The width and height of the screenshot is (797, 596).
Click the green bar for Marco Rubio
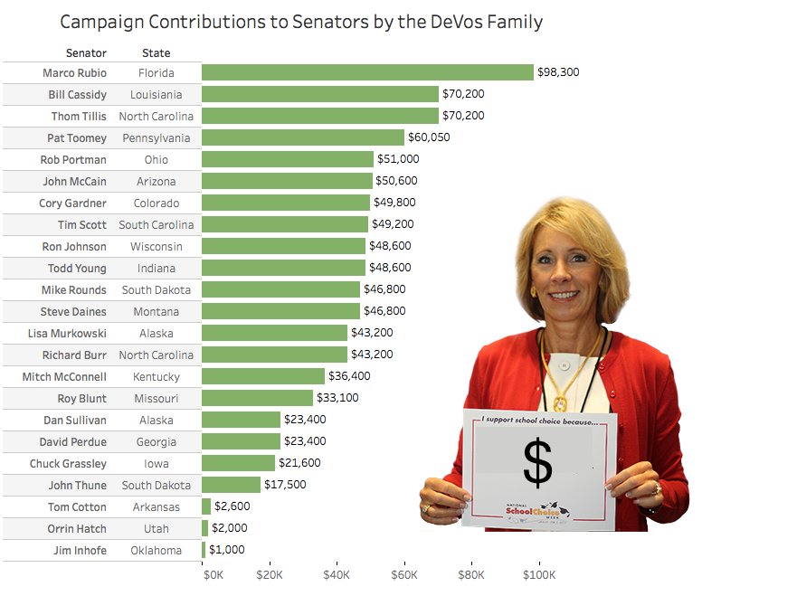tap(367, 72)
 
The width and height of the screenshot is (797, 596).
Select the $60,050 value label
tap(429, 137)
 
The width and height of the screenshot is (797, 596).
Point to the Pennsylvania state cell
tap(157, 137)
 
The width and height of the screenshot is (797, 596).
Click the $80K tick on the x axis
tap(471, 574)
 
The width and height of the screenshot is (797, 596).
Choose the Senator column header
tap(86, 53)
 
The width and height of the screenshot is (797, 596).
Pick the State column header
tap(157, 53)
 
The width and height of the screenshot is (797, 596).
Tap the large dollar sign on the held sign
tap(537, 462)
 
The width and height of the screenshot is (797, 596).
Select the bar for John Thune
tap(231, 485)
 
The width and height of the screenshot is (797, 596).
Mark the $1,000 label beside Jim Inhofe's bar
tap(226, 550)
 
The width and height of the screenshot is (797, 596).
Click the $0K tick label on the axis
tap(213, 574)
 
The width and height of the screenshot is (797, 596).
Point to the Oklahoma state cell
tap(157, 550)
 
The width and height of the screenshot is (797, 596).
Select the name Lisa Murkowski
tap(73, 333)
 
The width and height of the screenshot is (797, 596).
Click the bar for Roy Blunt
tap(257, 398)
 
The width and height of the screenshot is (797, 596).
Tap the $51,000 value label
tap(398, 159)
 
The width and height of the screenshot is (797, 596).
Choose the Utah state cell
tap(157, 528)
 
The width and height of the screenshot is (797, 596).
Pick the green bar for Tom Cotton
tap(206, 506)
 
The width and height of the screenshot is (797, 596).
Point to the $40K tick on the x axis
tap(337, 574)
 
